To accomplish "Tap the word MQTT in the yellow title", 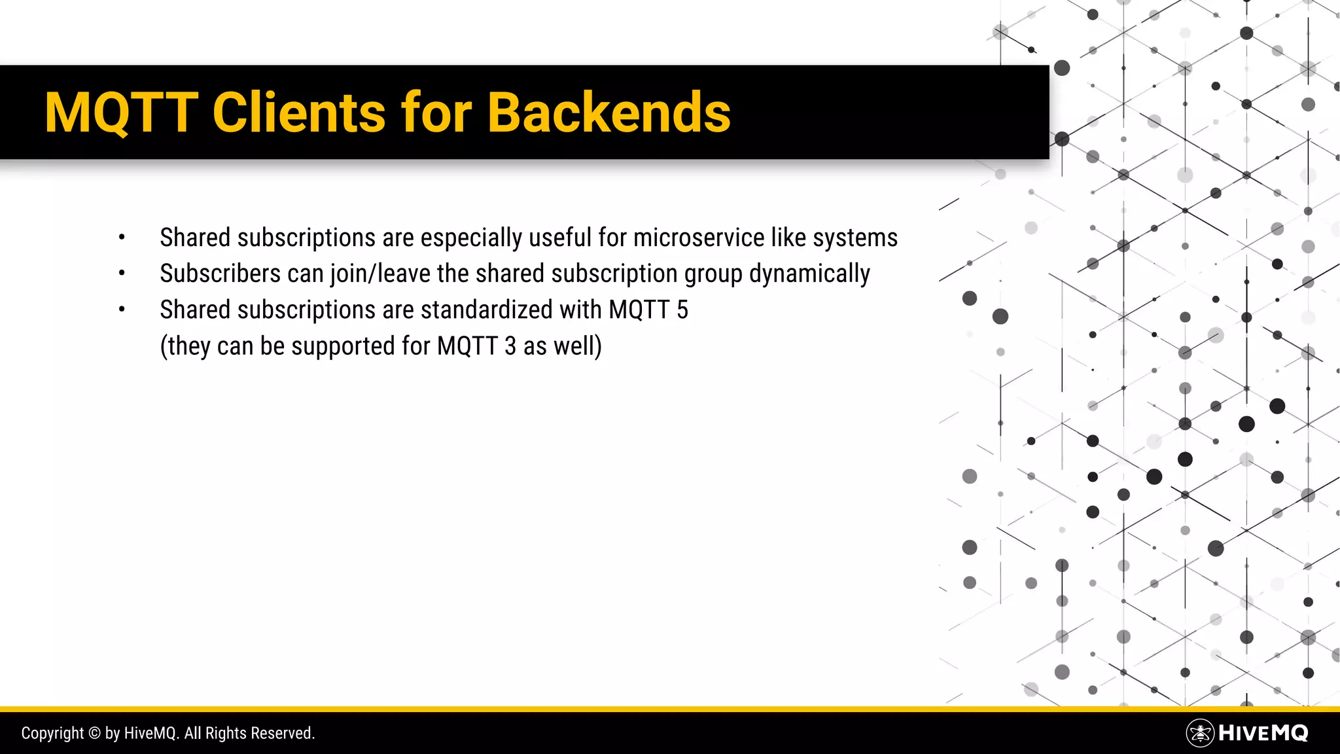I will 122,113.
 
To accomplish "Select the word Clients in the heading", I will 299,113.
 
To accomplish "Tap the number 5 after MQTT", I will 682,310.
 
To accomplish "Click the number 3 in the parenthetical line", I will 510,346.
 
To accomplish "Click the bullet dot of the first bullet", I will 122,238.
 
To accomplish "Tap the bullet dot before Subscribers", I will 122,274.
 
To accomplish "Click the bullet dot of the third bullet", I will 122,310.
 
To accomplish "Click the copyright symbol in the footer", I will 94,733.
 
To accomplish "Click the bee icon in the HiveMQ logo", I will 1200,733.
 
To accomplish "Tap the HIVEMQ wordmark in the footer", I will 1263,733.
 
